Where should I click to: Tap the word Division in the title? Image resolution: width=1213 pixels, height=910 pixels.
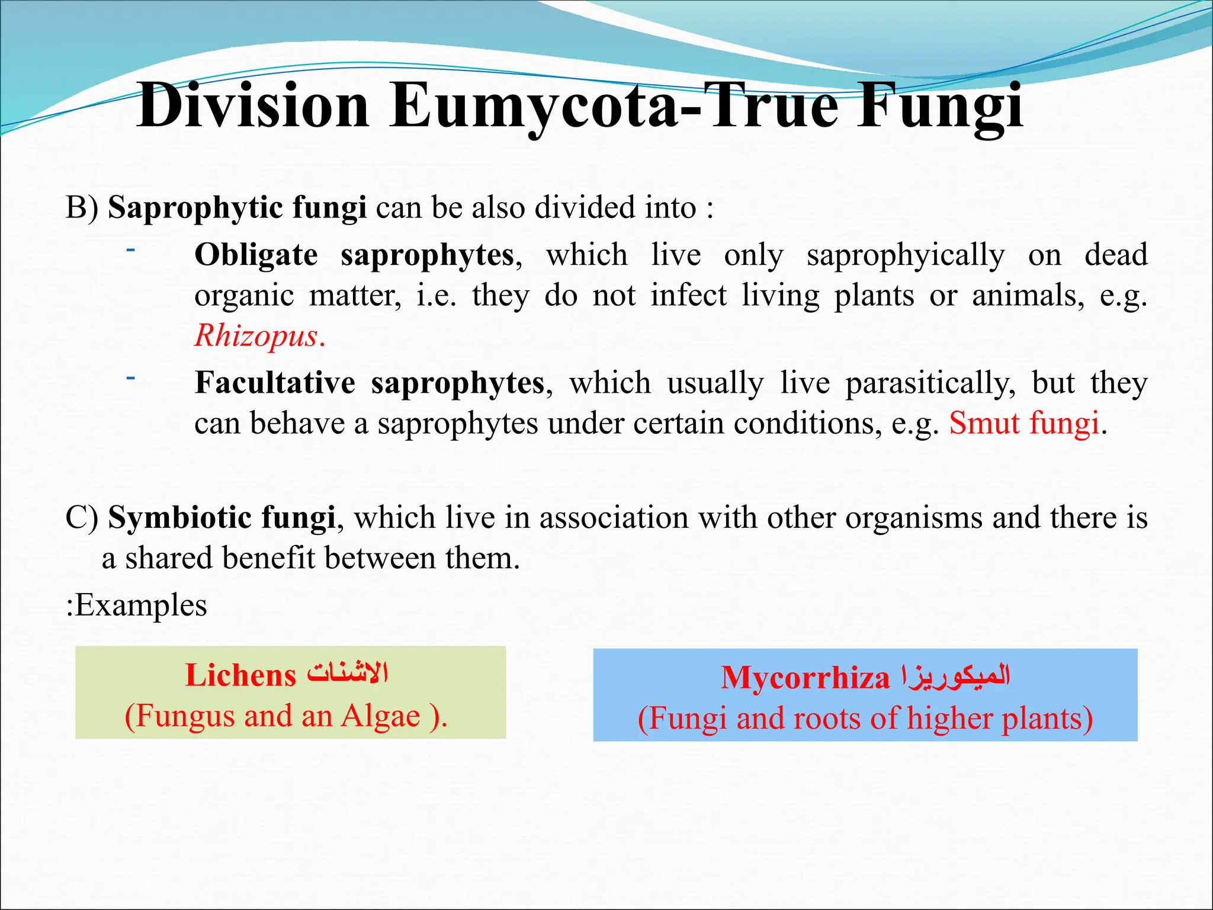253,105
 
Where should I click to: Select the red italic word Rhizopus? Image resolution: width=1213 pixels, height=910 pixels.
256,335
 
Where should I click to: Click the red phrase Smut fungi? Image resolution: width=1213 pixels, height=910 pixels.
1024,423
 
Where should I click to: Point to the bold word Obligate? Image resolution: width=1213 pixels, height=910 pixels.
256,255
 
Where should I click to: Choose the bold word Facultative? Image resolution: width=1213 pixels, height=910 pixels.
275,383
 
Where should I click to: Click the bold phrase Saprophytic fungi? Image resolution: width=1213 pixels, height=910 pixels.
237,208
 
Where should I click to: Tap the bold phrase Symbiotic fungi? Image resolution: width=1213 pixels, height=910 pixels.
222,517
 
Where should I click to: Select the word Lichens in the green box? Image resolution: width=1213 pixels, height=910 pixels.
240,675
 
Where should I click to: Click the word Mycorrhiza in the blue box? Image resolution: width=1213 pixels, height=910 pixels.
805,677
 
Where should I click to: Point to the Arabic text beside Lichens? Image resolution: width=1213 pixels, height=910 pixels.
347,674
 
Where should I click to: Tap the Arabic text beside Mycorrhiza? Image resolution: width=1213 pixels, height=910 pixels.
955,676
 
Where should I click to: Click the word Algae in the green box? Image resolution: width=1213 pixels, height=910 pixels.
380,716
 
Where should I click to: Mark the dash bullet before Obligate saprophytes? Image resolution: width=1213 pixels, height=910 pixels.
130,250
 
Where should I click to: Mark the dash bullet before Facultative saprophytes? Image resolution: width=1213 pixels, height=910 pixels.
130,377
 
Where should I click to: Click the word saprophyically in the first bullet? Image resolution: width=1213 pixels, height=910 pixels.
905,255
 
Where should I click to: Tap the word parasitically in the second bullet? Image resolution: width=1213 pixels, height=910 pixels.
929,383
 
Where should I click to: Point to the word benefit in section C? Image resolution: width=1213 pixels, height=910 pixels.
267,558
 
